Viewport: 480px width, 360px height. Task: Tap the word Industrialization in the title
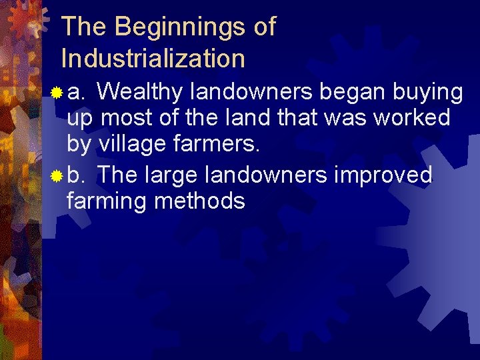pyautogui.click(x=153, y=59)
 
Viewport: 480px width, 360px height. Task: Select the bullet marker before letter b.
pyautogui.click(x=58, y=176)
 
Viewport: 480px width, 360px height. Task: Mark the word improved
pyautogui.click(x=383, y=175)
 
